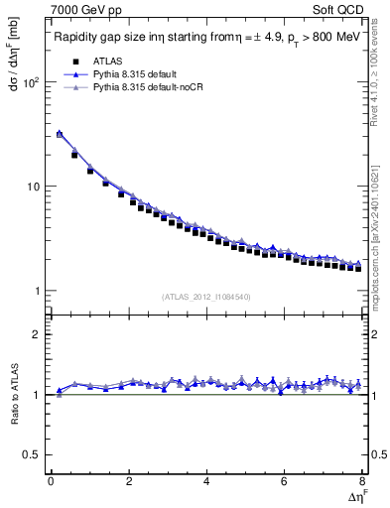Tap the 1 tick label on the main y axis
click(36, 291)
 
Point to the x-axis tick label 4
click(205, 481)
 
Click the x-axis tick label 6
click(284, 481)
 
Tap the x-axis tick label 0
click(51, 481)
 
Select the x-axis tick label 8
click(361, 481)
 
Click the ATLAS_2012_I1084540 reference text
click(205, 297)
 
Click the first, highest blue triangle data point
click(59, 133)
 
